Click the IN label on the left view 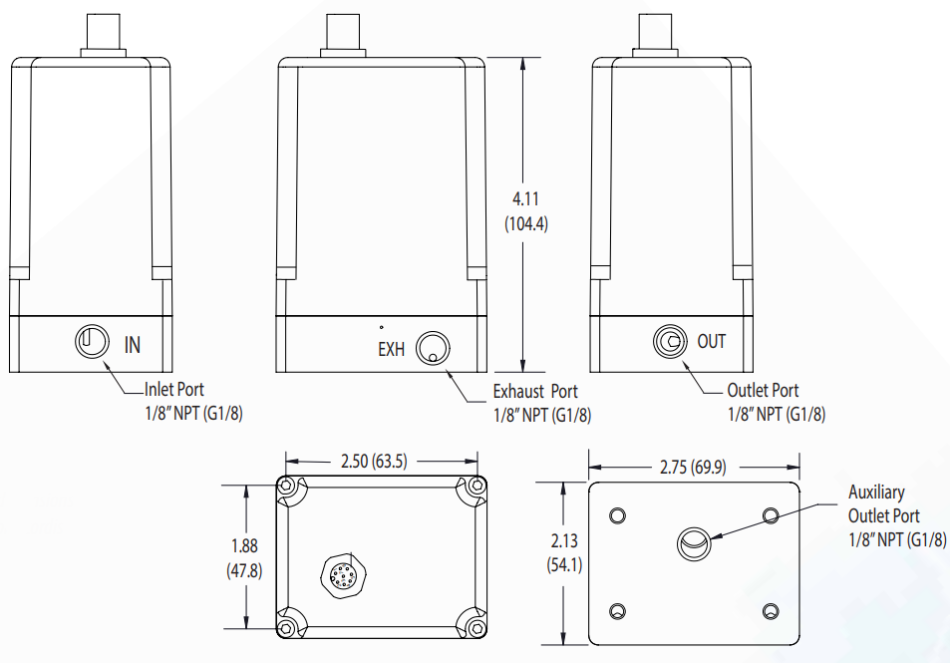(x=133, y=345)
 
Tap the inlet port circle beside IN (x=91, y=342)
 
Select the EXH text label (x=392, y=349)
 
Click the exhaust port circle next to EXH (x=433, y=348)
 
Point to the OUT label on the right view (x=712, y=342)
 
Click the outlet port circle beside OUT (x=669, y=342)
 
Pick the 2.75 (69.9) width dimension (x=694, y=467)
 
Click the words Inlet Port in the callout (x=174, y=390)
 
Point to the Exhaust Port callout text (x=535, y=392)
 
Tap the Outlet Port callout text (x=763, y=391)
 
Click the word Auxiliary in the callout (x=876, y=493)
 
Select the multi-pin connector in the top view (x=339, y=573)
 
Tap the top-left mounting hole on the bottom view (x=618, y=514)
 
